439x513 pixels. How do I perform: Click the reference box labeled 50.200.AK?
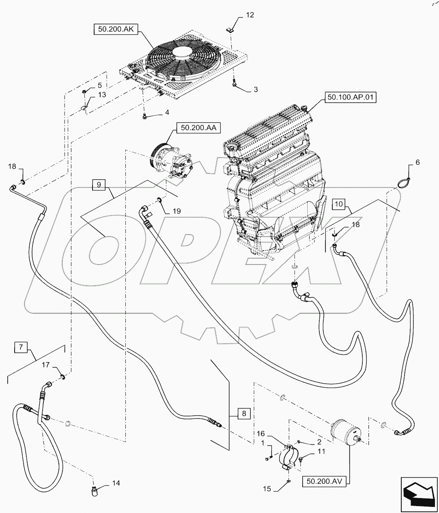click(115, 30)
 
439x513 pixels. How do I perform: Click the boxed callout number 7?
click(21, 348)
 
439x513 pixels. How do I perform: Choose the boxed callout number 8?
click(244, 414)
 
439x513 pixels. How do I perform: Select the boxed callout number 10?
click(340, 204)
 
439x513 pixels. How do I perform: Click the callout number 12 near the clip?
click(250, 15)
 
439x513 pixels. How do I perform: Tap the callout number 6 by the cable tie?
click(417, 163)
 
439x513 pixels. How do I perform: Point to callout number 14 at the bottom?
click(116, 483)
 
